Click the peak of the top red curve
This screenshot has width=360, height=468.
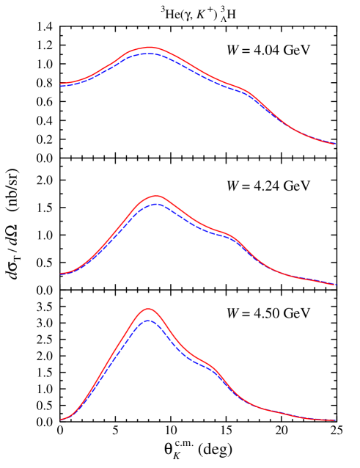[x=150, y=47]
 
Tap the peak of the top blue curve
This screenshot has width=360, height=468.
[x=150, y=54]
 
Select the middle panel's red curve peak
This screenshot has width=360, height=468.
[x=156, y=196]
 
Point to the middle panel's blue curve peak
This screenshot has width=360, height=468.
[x=156, y=203]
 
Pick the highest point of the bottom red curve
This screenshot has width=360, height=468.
[x=148, y=308]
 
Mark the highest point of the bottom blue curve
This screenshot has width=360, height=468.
[x=148, y=320]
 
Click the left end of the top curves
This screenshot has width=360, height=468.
[x=61, y=84]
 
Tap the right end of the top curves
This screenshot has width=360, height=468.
[x=334, y=144]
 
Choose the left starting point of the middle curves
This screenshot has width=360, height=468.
[x=61, y=274]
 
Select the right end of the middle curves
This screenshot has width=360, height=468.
[x=334, y=285]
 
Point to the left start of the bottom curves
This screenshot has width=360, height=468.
[x=61, y=420]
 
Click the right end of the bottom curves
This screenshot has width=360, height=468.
[x=334, y=420]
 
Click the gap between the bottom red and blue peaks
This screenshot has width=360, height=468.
[x=148, y=314]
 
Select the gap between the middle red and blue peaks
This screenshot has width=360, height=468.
[x=156, y=200]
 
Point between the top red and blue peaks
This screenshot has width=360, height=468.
[x=150, y=51]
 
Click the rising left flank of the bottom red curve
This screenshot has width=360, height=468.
[x=110, y=359]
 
